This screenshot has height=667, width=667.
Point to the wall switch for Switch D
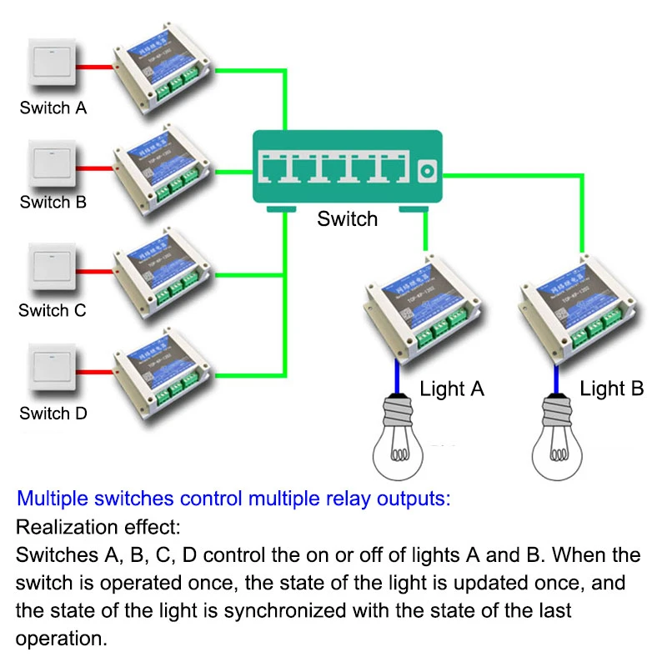(53, 370)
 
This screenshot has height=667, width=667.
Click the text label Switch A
(53, 108)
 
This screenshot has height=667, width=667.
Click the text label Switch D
(53, 414)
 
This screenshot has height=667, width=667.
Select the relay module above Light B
(572, 317)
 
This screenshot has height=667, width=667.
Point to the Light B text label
(612, 389)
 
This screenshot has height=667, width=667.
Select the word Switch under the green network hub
(348, 219)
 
